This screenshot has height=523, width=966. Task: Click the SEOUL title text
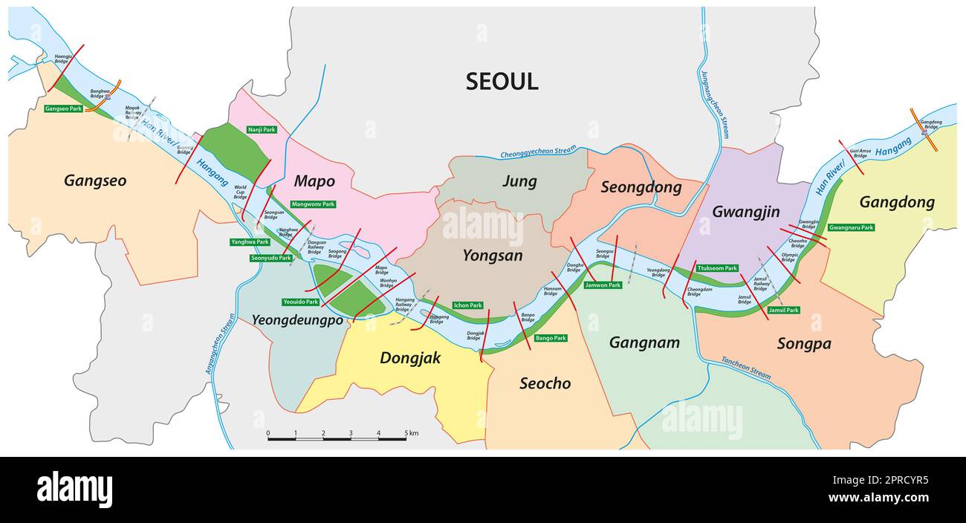pos(502,82)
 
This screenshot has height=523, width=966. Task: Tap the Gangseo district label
pos(95,181)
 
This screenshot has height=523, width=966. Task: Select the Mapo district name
pos(314,181)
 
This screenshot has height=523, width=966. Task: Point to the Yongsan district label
pos(492,256)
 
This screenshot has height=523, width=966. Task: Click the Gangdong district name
pos(897,202)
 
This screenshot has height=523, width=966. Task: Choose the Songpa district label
pos(803,344)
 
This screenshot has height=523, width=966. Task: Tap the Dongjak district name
pos(410,358)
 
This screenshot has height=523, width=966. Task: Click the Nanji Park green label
pos(262,129)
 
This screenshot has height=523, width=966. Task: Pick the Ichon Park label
pos(468,305)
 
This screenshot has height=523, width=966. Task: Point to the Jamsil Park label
pos(783,310)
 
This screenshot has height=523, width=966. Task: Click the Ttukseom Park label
pos(717,268)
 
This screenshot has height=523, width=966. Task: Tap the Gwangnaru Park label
pos(851,227)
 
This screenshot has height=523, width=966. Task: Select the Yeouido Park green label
pos(300,302)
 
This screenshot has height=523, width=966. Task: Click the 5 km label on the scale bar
pos(411,433)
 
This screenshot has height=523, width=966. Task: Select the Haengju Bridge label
pos(64,58)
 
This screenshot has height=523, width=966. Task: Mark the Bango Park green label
pos(551,338)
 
